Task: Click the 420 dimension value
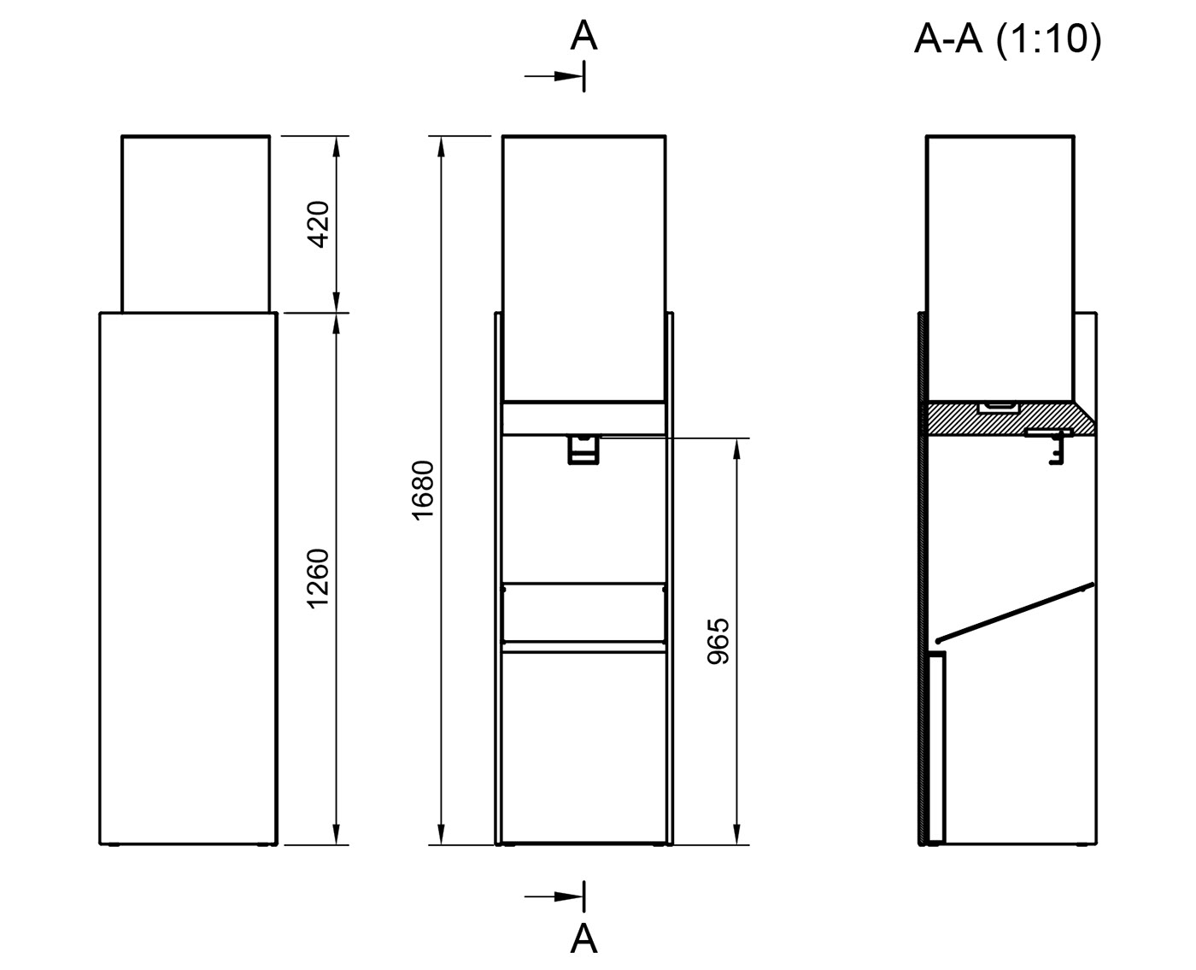[318, 224]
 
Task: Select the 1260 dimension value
[318, 579]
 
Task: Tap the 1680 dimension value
[424, 490]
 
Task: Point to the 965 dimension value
[719, 641]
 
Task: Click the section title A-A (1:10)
[1007, 38]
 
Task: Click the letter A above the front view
[583, 36]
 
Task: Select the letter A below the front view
[583, 938]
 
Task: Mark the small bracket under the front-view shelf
[583, 450]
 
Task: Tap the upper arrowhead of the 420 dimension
[337, 145]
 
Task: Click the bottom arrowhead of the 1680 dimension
[442, 835]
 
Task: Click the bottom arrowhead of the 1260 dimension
[337, 835]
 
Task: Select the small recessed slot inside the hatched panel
[997, 408]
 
